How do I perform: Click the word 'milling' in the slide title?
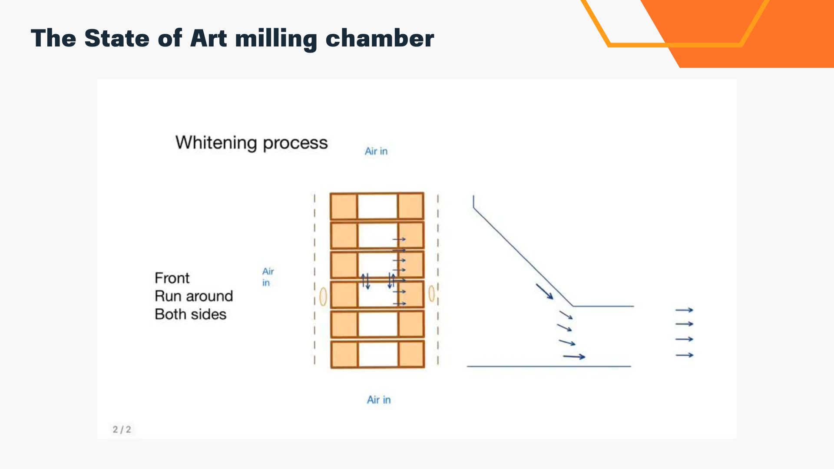coord(276,39)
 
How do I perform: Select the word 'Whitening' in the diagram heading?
coord(216,143)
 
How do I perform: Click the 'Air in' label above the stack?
coord(376,151)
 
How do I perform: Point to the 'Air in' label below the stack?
coord(379,400)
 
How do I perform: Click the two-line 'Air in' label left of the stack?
coord(268,277)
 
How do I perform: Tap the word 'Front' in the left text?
coord(172,278)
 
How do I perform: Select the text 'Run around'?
coord(194,296)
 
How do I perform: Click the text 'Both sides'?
coord(191,314)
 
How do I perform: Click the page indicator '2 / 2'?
coord(122,429)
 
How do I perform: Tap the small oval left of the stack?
coord(323,297)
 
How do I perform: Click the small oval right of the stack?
coord(431,294)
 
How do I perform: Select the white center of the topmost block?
coord(377,206)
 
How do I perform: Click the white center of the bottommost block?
coord(378,354)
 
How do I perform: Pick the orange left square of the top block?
coord(344,206)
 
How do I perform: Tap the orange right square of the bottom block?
coord(411,354)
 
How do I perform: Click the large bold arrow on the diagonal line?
coord(544,291)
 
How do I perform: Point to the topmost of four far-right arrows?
coord(684,310)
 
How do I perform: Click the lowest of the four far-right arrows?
coord(685,355)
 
